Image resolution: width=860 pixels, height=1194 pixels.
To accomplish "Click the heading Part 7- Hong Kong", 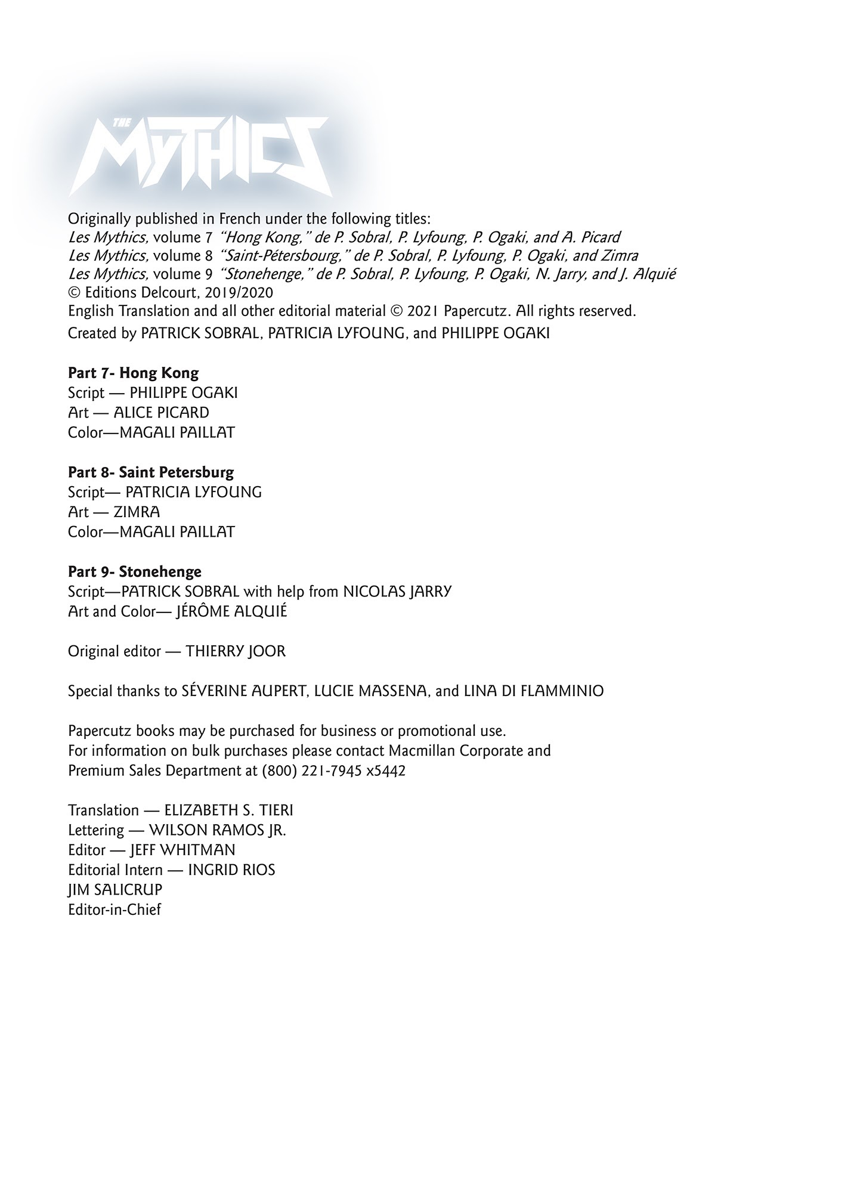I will tap(133, 373).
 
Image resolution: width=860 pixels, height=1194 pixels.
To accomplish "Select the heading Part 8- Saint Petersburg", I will tap(151, 472).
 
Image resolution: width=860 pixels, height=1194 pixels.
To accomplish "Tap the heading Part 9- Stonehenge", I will tap(135, 571).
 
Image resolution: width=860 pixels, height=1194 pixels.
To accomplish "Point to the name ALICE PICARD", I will tap(161, 413).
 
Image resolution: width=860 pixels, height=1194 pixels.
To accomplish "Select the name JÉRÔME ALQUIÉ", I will tap(232, 612).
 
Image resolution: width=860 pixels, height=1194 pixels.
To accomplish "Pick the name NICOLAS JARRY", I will tap(397, 592).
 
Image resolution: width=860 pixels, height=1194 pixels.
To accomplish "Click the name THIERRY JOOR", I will tap(236, 651).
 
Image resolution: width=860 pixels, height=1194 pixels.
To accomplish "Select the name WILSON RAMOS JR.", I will tap(217, 830).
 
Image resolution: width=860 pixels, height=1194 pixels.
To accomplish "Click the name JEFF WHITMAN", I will tap(182, 850).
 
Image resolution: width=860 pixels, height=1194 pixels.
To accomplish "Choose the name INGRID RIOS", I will tap(231, 870).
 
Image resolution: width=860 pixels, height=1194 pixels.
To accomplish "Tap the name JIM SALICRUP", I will tap(115, 890).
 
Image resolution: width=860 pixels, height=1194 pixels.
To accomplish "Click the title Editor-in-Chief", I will tap(115, 910).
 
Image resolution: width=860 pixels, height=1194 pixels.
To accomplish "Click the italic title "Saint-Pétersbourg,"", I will tap(284, 256).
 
